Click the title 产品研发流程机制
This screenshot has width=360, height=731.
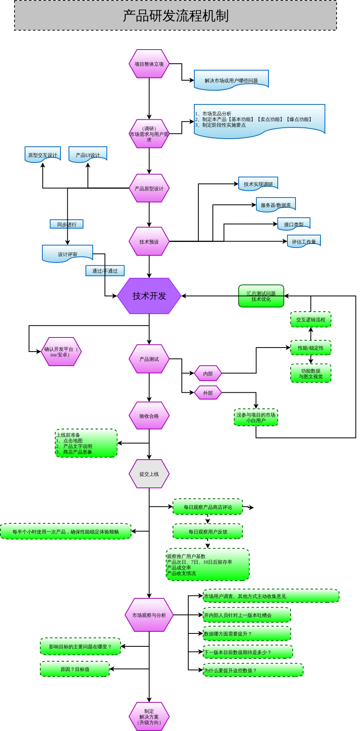pyautogui.click(x=175, y=16)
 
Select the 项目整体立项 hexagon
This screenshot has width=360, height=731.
pyautogui.click(x=149, y=64)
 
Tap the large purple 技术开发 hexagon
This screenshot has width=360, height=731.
pyautogui.click(x=149, y=296)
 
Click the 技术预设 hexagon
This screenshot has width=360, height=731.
pyautogui.click(x=149, y=242)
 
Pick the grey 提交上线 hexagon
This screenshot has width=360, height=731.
pyautogui.click(x=149, y=474)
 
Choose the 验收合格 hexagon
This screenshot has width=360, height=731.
pyautogui.click(x=149, y=416)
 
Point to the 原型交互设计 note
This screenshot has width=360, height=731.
pyautogui.click(x=43, y=154)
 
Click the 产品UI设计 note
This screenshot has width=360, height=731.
pyautogui.click(x=88, y=154)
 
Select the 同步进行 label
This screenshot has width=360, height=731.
pyautogui.click(x=67, y=224)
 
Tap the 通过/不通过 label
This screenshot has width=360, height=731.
pyautogui.click(x=105, y=271)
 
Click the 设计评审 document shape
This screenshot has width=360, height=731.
pyautogui.click(x=67, y=254)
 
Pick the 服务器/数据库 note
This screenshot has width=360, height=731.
pyautogui.click(x=276, y=204)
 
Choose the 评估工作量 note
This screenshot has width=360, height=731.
pyautogui.click(x=304, y=241)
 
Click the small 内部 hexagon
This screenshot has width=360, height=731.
pyautogui.click(x=208, y=373)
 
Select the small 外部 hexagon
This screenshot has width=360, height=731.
pyautogui.click(x=208, y=393)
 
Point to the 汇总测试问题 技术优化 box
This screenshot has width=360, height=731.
pyautogui.click(x=261, y=296)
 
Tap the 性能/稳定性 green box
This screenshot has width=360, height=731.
pyautogui.click(x=311, y=348)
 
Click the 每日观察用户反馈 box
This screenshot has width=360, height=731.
pyautogui.click(x=208, y=531)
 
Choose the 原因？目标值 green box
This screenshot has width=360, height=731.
pyautogui.click(x=75, y=669)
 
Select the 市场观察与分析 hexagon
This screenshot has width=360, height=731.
pyautogui.click(x=149, y=615)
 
